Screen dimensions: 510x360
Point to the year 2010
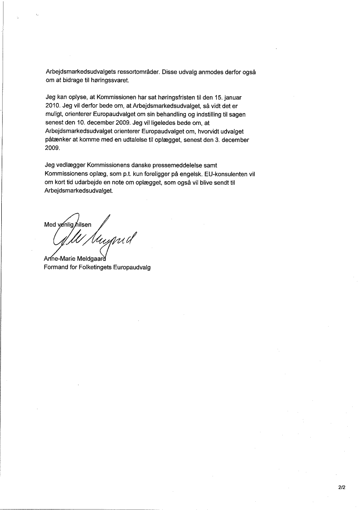pos(52,106)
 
